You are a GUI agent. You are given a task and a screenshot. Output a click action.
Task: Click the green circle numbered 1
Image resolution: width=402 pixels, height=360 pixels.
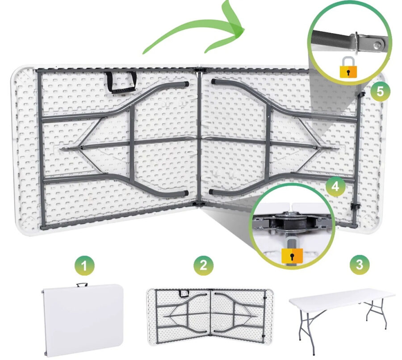coord(84,266)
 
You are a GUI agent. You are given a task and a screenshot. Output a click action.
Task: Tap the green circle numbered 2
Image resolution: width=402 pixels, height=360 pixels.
coord(203,264)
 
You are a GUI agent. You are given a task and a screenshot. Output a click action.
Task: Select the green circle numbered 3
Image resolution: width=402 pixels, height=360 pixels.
coord(360,264)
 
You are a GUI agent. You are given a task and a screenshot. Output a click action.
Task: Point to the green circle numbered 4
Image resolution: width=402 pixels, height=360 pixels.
coord(335,186)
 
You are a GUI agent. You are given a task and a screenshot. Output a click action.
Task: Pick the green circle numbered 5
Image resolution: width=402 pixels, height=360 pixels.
coord(380,91)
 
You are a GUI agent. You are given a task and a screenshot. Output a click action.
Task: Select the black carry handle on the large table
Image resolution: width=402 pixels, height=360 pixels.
coord(121,82)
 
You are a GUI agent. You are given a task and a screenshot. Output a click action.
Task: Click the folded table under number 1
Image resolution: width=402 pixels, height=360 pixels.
coord(83,320)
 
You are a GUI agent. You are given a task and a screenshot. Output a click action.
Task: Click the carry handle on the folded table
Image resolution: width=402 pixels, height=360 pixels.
coord(82,285)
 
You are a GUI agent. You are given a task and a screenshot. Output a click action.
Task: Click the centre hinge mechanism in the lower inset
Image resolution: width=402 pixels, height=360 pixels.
coord(292,223)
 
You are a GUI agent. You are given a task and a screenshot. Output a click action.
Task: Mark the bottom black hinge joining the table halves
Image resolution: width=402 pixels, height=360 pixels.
coord(199,204)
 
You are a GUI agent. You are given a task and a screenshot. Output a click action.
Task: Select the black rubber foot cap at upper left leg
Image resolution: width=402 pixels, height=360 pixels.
coord(186,84)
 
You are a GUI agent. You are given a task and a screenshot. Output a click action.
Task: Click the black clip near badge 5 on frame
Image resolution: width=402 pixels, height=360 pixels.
coord(362,94)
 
